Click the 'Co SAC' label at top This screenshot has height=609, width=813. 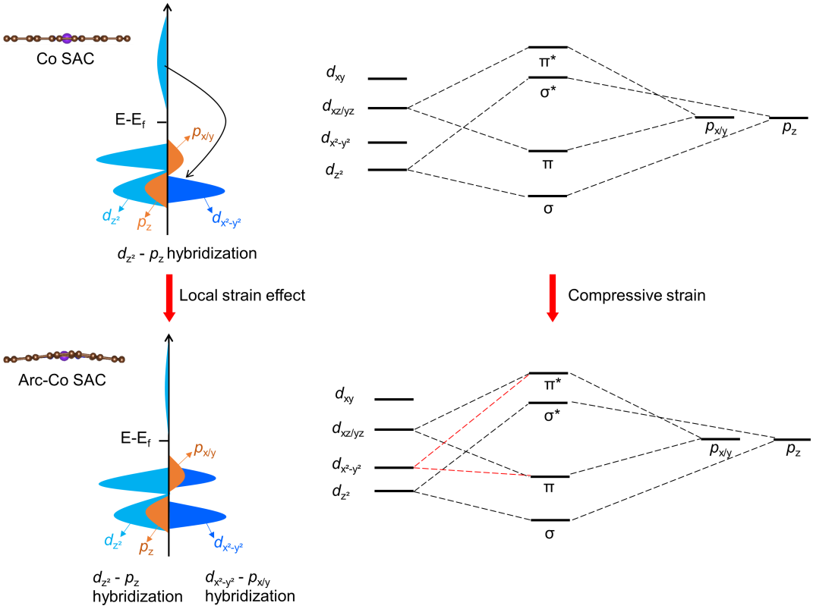click(65, 58)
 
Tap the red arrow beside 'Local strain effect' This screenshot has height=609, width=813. click(168, 296)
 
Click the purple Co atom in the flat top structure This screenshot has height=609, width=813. click(67, 37)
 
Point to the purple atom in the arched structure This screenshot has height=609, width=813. click(66, 354)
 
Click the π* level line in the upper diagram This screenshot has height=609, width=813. click(548, 47)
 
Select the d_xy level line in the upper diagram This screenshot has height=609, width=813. click(388, 79)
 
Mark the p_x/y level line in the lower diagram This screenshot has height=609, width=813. click(720, 439)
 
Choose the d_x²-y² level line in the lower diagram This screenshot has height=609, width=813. click(394, 468)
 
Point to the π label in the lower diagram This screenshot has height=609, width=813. click(548, 489)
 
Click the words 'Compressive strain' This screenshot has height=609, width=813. click(636, 296)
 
